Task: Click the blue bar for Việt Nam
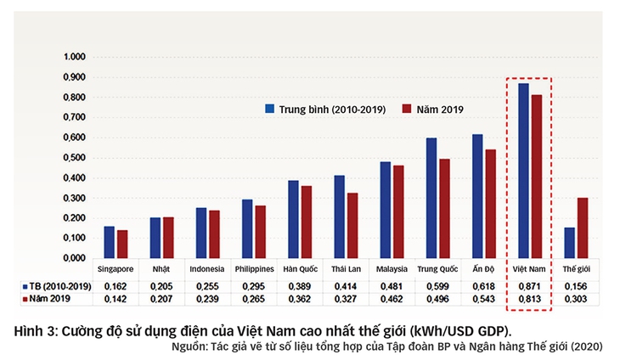[523, 170]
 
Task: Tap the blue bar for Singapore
[109, 242]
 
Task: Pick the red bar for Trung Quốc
[444, 208]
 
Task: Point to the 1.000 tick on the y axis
[75, 57]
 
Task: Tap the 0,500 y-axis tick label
[75, 158]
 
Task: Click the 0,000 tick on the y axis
[75, 258]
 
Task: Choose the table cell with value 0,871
[529, 286]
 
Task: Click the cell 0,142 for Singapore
[116, 300]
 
